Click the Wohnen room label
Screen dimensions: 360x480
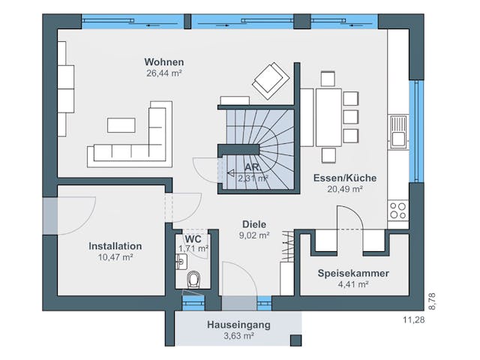pyautogui.click(x=164, y=62)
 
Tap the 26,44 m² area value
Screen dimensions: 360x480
pyautogui.click(x=164, y=73)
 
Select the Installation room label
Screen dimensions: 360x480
pyautogui.click(x=115, y=246)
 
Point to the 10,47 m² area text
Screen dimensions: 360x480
pyautogui.click(x=115, y=257)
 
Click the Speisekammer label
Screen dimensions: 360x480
pyautogui.click(x=352, y=273)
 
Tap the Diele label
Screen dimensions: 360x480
pyautogui.click(x=253, y=223)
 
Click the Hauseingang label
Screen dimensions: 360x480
pyautogui.click(x=238, y=325)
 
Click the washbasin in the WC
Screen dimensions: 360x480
pyautogui.click(x=181, y=262)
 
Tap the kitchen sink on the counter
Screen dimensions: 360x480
pyautogui.click(x=398, y=131)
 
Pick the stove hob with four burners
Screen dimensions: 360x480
pyautogui.click(x=398, y=209)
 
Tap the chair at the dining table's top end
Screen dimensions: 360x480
pyautogui.click(x=327, y=79)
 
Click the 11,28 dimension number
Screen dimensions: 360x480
pyautogui.click(x=414, y=320)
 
